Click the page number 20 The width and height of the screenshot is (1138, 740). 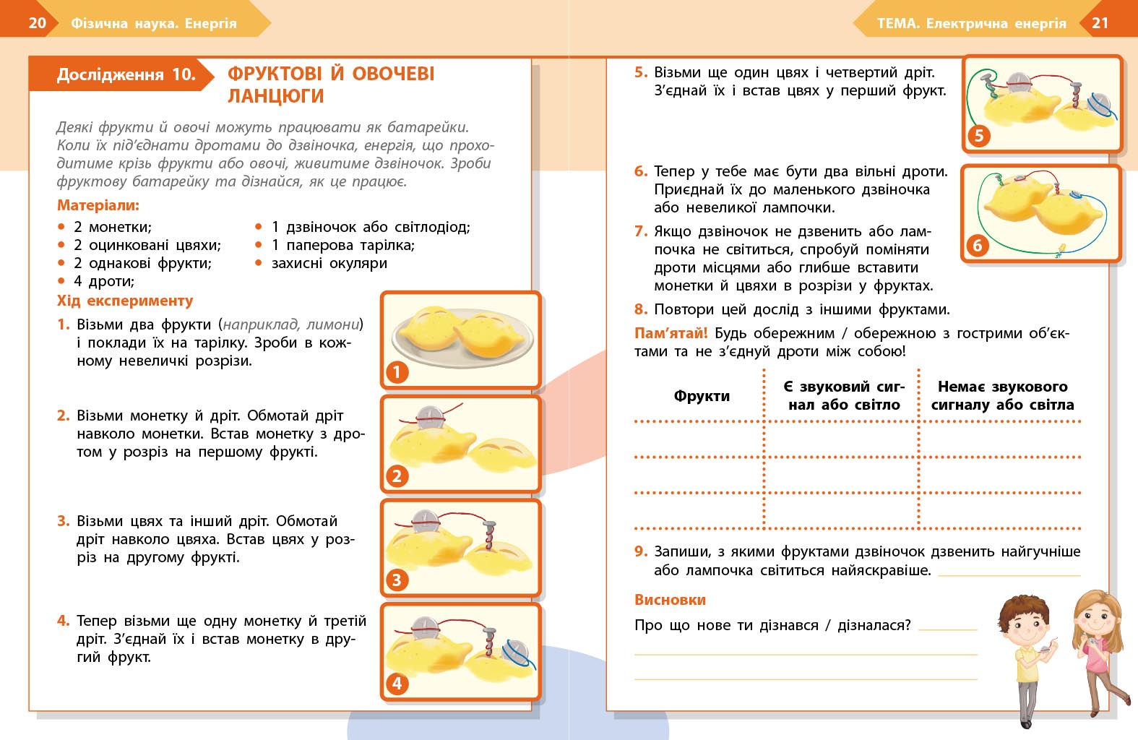(37, 22)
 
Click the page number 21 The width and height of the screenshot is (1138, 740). (1100, 22)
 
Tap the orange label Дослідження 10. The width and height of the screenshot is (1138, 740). (126, 74)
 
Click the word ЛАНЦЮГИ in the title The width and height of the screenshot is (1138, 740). (275, 96)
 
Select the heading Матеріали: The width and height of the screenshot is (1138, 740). (98, 205)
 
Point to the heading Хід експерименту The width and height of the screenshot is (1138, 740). (125, 301)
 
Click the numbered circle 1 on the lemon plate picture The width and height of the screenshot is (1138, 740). (397, 372)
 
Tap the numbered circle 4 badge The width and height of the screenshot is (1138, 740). (397, 684)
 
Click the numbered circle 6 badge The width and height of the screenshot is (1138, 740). (978, 246)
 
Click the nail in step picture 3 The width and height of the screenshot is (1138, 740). (490, 535)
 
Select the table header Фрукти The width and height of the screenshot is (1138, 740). (702, 396)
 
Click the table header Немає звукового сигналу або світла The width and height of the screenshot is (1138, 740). (1002, 396)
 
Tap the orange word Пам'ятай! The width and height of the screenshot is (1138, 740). (671, 333)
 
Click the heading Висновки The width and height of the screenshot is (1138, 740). (670, 600)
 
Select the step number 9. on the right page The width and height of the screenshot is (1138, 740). (641, 551)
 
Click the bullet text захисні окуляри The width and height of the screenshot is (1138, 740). (329, 263)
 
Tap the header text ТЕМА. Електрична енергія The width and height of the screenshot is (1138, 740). (971, 23)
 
